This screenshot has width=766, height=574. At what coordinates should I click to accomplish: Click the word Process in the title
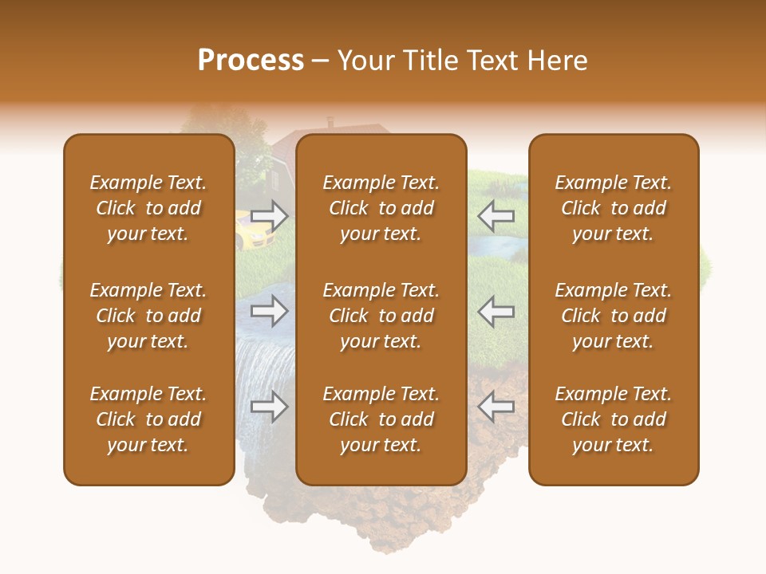coord(251,61)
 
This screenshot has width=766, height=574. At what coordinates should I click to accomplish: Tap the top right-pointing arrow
coord(269,215)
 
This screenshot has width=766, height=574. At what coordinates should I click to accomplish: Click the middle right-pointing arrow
coord(269,312)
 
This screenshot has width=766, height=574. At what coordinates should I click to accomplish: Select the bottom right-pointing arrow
coord(269,407)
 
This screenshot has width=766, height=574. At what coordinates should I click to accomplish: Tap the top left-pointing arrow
coord(496,215)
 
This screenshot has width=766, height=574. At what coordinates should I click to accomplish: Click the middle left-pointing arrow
coord(496,312)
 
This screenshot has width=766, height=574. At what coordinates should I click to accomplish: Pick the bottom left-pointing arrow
coord(496,407)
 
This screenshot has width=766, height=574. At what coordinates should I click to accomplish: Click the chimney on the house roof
coord(330,123)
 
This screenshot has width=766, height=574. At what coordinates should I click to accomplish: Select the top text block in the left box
coord(148,208)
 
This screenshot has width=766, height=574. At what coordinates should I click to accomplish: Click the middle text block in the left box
coord(148,316)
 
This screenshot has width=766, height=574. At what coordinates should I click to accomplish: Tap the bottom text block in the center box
coord(381,419)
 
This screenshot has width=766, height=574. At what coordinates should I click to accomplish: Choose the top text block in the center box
coord(381,208)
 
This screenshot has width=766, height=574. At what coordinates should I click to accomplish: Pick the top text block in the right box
coord(613,208)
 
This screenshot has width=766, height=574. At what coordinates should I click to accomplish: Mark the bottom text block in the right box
coord(613,419)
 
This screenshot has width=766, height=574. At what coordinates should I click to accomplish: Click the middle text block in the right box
coord(613,316)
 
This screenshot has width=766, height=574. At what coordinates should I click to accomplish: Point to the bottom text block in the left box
coord(148,419)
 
